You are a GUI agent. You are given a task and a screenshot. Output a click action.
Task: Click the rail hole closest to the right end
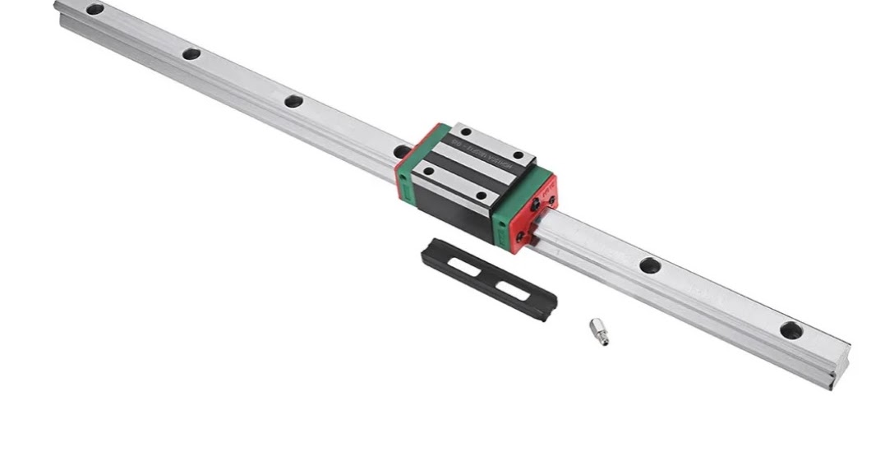(x=791, y=329)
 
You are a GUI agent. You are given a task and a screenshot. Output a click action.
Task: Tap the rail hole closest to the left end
(x=95, y=9)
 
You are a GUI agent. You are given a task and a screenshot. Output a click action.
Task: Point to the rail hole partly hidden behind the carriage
(x=401, y=151)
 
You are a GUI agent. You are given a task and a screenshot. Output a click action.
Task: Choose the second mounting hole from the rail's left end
(x=191, y=54)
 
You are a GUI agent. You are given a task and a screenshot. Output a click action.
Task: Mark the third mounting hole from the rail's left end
(x=293, y=102)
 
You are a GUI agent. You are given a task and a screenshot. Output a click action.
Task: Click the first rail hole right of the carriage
(x=650, y=265)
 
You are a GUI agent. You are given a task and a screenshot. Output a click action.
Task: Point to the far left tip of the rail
(x=58, y=7)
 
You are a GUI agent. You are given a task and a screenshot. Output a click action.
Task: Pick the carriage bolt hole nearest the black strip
(x=480, y=196)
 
